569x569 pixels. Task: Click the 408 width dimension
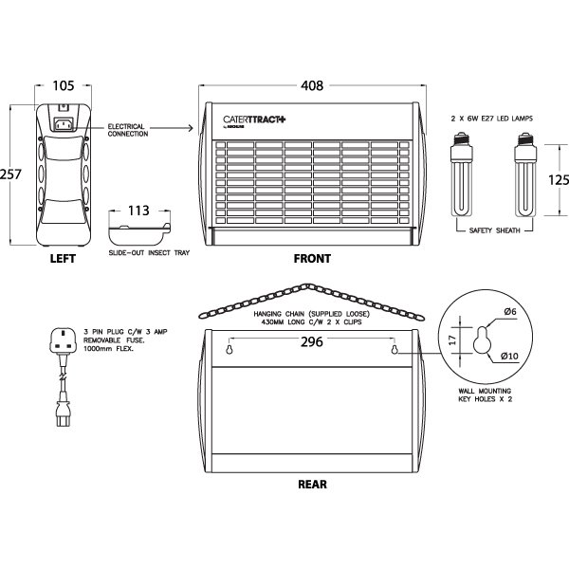point(311,86)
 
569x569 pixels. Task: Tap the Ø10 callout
point(509,357)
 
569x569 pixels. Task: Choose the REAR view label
point(312,485)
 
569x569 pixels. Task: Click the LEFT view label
point(62,258)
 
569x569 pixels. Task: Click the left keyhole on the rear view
point(230,351)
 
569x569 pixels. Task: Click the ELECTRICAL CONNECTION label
point(128,130)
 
